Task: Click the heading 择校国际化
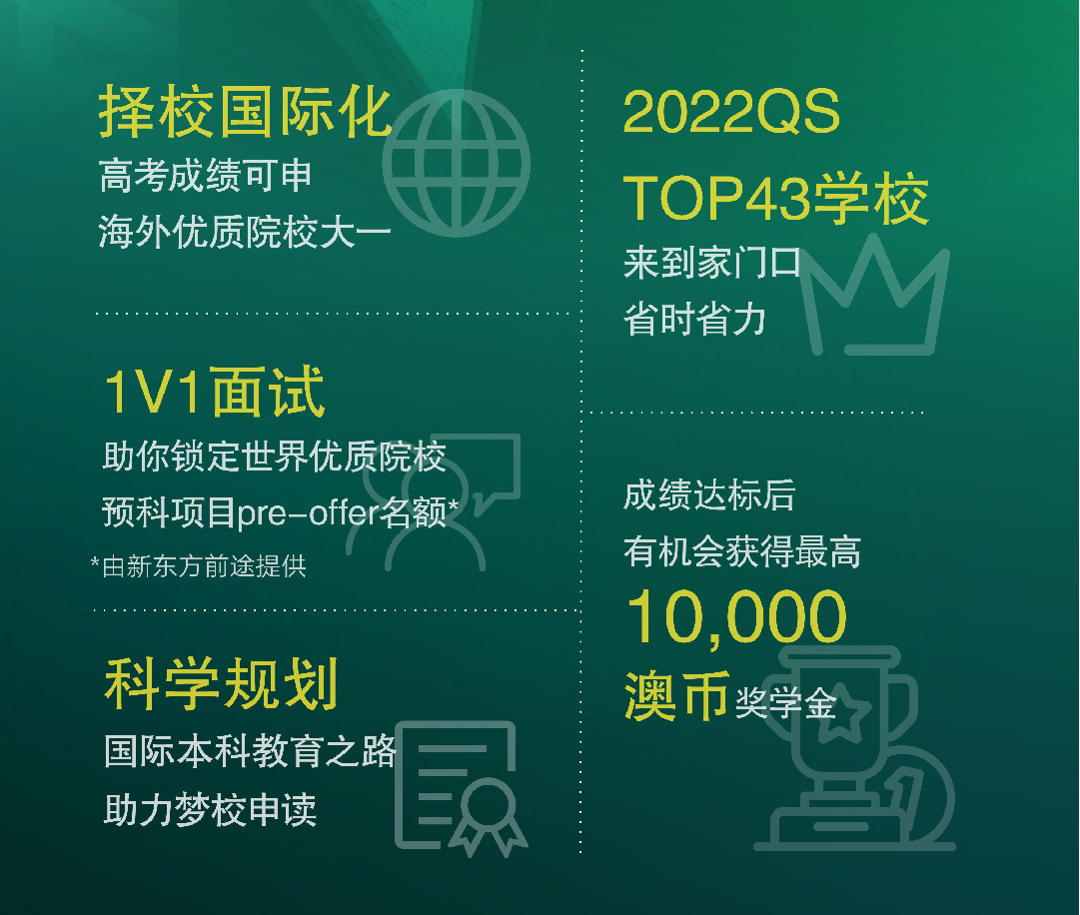245,113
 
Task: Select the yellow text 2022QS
730,112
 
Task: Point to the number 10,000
736,617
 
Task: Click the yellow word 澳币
676,696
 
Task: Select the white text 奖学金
786,703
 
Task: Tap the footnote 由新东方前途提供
204,566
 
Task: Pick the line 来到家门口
712,263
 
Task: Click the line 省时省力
694,320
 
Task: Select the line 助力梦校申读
210,810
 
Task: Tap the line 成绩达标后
709,495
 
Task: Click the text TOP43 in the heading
716,199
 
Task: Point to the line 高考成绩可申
205,175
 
